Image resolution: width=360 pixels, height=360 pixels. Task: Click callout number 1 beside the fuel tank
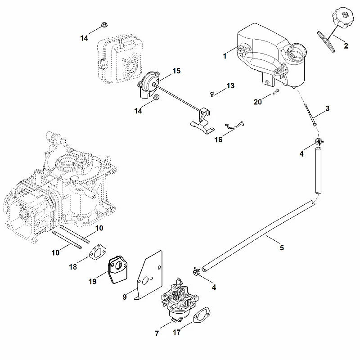pos(225,56)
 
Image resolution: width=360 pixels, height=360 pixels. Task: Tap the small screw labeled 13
pos(212,94)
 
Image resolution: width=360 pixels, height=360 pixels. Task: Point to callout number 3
pos(328,108)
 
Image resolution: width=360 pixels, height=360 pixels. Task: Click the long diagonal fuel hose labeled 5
pos(257,236)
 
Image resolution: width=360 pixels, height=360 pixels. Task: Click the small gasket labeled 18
pos(98,252)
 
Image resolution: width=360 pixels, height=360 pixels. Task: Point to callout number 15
pos(176,71)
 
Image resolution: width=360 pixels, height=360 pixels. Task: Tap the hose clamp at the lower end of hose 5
pos(196,272)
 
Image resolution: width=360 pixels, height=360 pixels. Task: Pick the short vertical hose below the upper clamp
pos(318,171)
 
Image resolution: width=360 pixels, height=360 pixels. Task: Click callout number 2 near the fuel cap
pos(346,46)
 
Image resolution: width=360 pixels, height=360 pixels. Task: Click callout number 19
pos(93,282)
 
